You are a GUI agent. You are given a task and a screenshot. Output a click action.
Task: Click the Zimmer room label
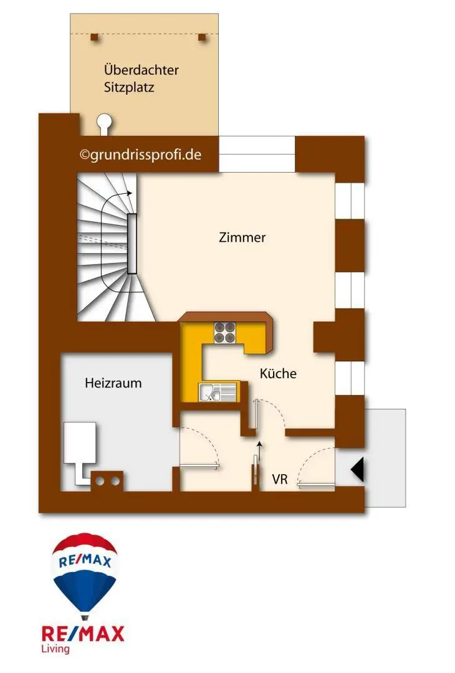click(242, 237)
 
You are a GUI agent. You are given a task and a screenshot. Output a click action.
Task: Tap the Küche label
click(278, 374)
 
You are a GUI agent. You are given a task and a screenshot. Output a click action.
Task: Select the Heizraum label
click(113, 383)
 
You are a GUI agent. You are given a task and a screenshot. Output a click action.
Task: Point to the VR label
click(280, 480)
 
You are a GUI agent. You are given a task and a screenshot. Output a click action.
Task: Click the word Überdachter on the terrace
click(141, 70)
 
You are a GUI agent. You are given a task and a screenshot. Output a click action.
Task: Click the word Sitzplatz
click(129, 87)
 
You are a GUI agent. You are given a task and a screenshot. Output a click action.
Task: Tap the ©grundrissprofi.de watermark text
click(141, 155)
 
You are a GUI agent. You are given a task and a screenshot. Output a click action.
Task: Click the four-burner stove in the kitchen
click(225, 332)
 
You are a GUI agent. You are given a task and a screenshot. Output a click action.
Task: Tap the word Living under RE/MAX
click(56, 649)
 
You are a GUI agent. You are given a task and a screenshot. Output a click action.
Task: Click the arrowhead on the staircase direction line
click(129, 193)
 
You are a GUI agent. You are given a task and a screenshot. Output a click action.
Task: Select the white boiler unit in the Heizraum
click(80, 443)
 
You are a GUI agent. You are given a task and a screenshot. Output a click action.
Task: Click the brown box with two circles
click(107, 481)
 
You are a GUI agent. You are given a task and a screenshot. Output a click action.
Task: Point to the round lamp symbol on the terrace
click(105, 123)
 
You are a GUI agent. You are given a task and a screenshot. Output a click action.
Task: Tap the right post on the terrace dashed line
click(201, 37)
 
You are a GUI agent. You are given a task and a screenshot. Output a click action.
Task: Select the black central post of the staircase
click(132, 243)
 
